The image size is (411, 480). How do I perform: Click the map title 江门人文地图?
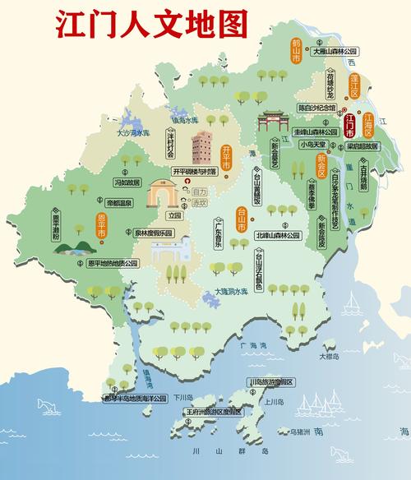(151, 24)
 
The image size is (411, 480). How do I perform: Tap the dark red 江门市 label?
(350, 130)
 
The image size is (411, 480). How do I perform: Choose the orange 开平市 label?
(227, 155)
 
